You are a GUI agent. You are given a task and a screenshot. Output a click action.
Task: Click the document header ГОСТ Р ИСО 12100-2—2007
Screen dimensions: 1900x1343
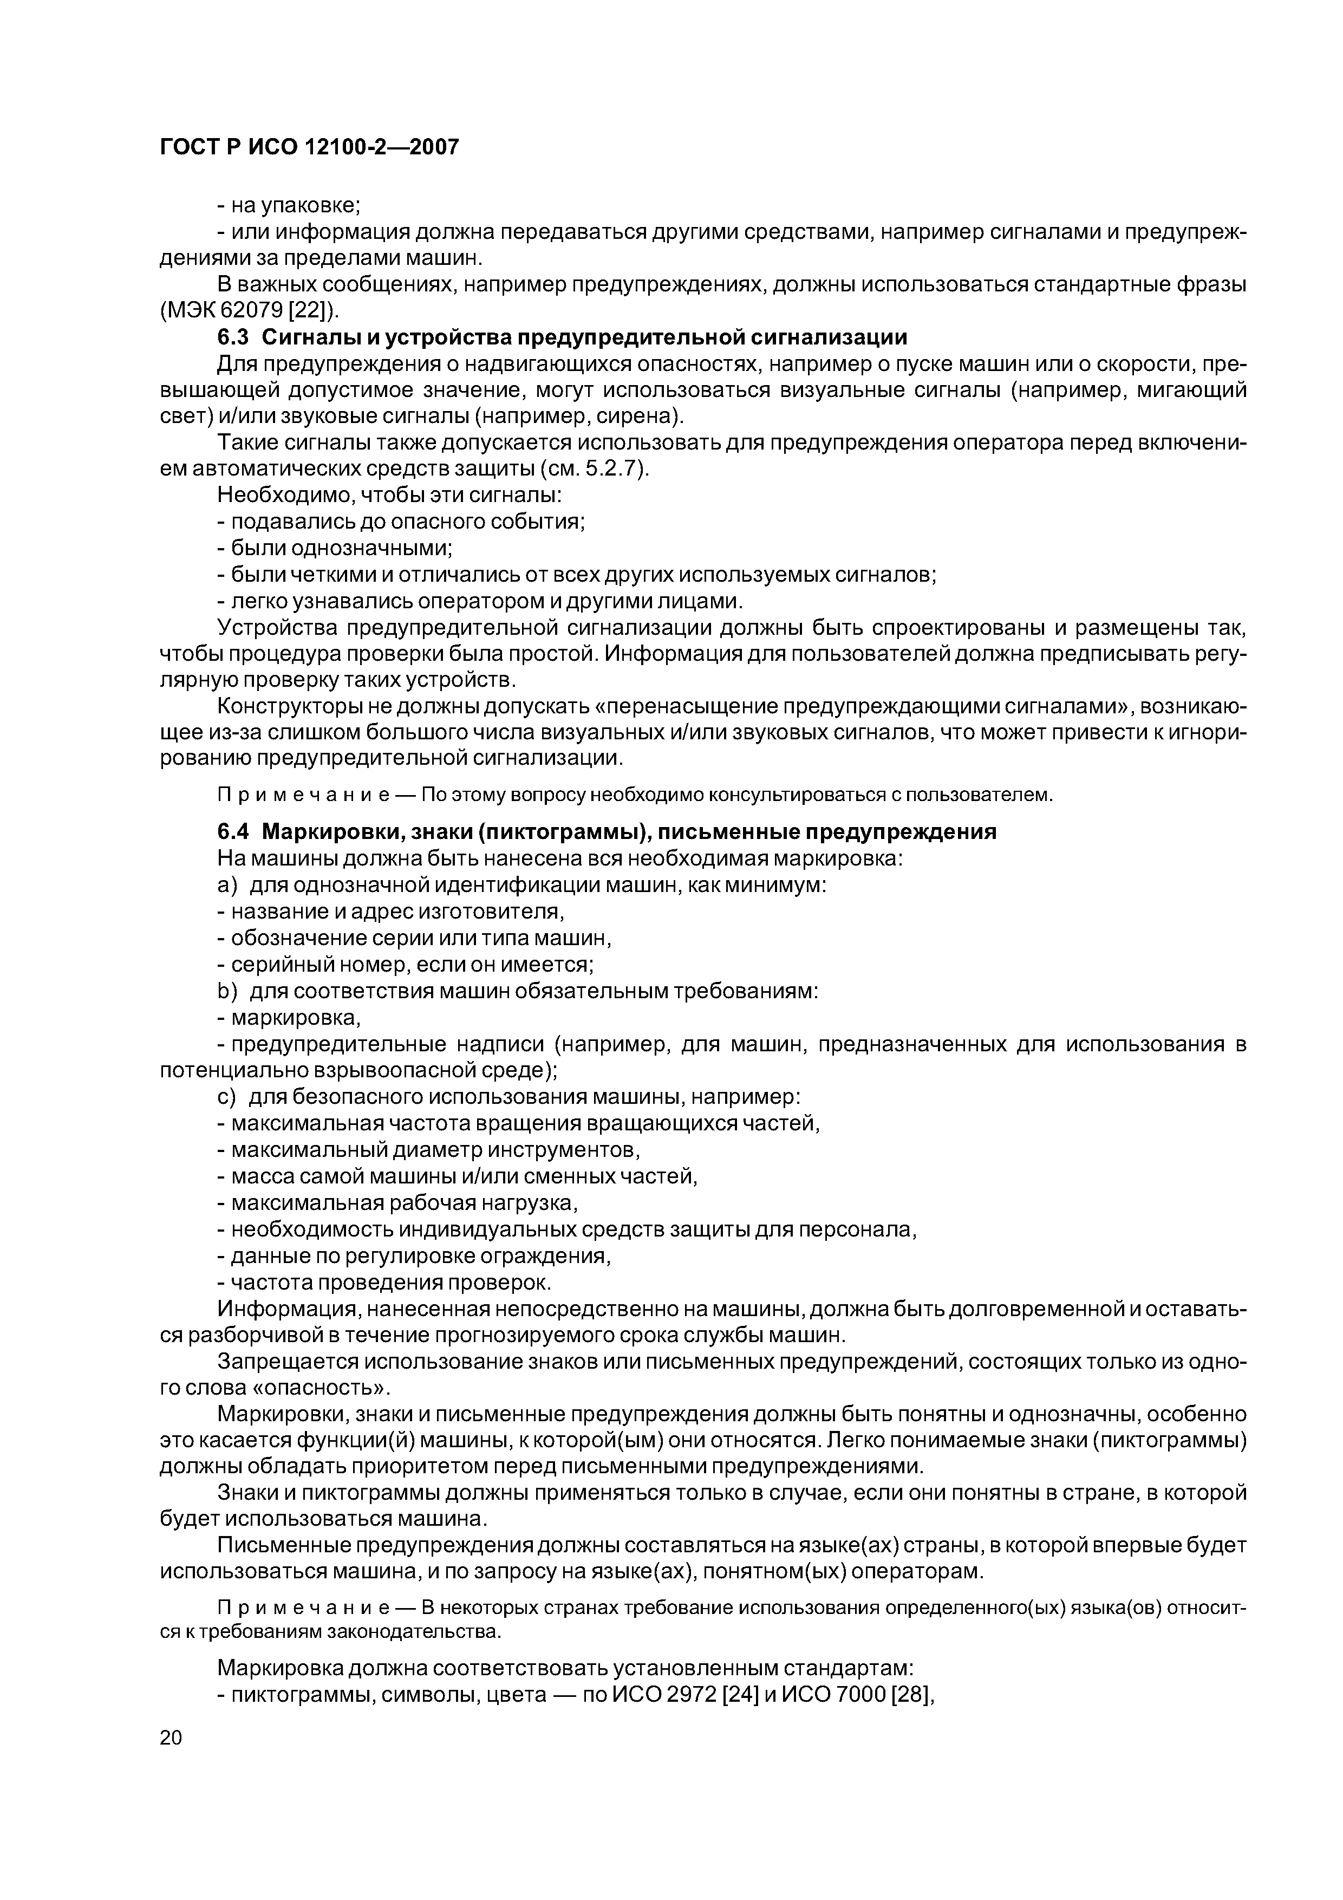coord(309,147)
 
